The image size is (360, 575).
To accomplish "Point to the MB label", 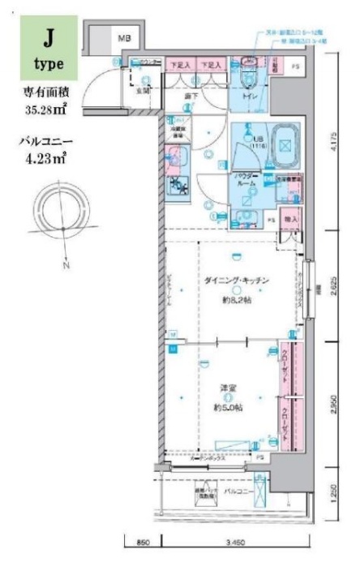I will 125,37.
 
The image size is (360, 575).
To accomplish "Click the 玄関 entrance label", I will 143,91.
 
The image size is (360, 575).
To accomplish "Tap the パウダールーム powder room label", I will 244,181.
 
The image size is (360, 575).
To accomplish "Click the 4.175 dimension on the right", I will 334,144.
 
